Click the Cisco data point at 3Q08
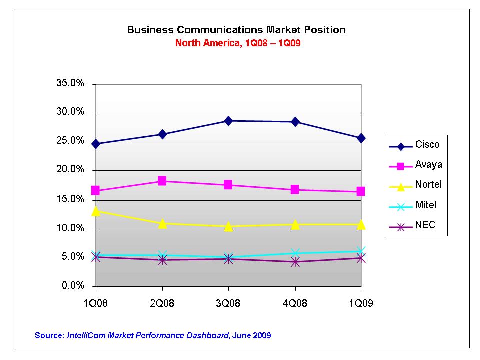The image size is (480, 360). pyautogui.click(x=228, y=121)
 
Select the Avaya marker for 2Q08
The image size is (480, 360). pyautogui.click(x=162, y=181)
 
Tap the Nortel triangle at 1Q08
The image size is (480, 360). pyautogui.click(x=96, y=211)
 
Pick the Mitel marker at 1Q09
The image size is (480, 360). pyautogui.click(x=361, y=251)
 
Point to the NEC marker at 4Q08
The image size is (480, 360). pyautogui.click(x=295, y=262)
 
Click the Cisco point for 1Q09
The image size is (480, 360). pyautogui.click(x=361, y=138)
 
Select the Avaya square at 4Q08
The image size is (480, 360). pyautogui.click(x=295, y=190)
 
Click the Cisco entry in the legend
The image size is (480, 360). pyautogui.click(x=427, y=145)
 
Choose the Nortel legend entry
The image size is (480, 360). pyautogui.click(x=428, y=185)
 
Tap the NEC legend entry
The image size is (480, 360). pyautogui.click(x=425, y=225)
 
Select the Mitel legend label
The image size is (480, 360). pyautogui.click(x=426, y=205)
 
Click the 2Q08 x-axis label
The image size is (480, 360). pyautogui.click(x=162, y=303)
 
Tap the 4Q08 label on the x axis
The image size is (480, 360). pyautogui.click(x=295, y=303)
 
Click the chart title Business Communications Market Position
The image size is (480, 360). pyautogui.click(x=236, y=30)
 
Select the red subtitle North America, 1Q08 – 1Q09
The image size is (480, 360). pyautogui.click(x=237, y=43)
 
